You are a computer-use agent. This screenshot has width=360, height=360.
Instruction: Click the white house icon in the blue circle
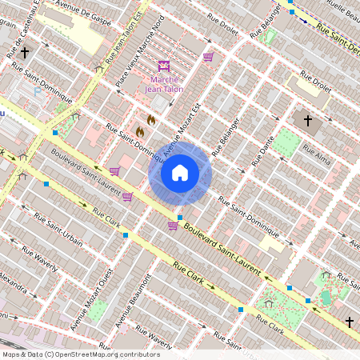(180, 173)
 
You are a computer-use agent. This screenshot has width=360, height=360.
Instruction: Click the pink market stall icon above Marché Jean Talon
(166, 65)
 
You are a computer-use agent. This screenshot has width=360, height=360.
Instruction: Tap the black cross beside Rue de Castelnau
(25, 53)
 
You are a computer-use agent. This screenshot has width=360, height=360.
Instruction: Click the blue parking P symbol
(38, 90)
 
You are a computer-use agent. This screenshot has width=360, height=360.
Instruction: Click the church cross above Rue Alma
(307, 120)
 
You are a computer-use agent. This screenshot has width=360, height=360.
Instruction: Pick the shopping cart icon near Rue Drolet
(208, 57)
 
